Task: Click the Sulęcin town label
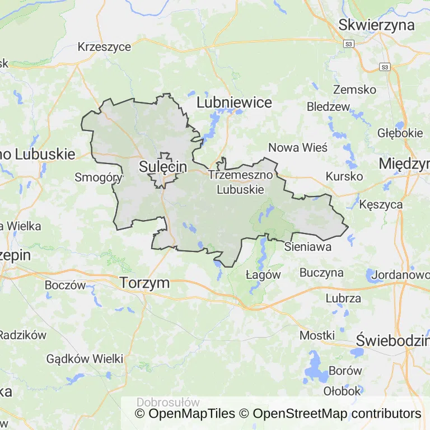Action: [162, 166]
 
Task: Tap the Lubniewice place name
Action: [234, 102]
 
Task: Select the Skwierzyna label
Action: [376, 25]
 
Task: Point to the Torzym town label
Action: [144, 283]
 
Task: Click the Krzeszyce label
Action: [105, 46]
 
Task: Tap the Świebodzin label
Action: [392, 340]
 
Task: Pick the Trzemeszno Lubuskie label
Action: [240, 182]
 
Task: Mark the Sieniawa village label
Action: [307, 246]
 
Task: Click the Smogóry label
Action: [99, 177]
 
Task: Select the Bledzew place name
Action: [328, 106]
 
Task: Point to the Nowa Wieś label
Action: [298, 147]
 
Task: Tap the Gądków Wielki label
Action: [85, 358]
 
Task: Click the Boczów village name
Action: [66, 284]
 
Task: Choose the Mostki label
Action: [317, 335]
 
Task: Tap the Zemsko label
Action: [354, 89]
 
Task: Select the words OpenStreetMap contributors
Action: [336, 414]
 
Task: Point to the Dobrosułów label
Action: [168, 402]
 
